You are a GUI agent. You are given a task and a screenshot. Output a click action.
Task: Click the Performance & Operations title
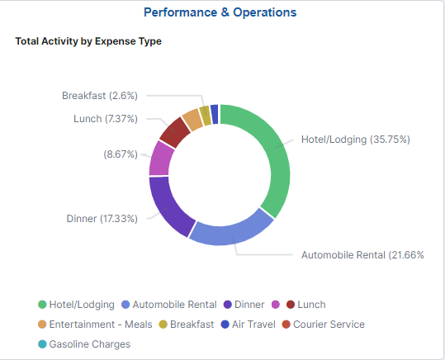[220, 12]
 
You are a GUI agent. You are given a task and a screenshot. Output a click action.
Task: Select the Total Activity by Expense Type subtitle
[88, 41]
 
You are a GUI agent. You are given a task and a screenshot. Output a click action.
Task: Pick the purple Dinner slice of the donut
[168, 201]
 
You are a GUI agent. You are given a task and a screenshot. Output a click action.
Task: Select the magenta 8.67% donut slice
[161, 158]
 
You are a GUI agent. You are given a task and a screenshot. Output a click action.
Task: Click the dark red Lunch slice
[175, 131]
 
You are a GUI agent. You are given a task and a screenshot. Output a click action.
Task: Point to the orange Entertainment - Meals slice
[192, 119]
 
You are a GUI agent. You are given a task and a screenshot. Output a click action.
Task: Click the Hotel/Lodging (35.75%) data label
[355, 139]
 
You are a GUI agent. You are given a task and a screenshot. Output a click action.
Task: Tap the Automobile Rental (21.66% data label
[362, 255]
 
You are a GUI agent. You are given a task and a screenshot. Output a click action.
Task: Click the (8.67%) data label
[121, 154]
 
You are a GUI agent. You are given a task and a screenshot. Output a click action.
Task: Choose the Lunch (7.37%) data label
[105, 119]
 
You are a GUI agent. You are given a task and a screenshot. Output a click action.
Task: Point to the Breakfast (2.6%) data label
[99, 96]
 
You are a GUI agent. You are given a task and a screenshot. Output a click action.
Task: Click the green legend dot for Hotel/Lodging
[41, 305]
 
